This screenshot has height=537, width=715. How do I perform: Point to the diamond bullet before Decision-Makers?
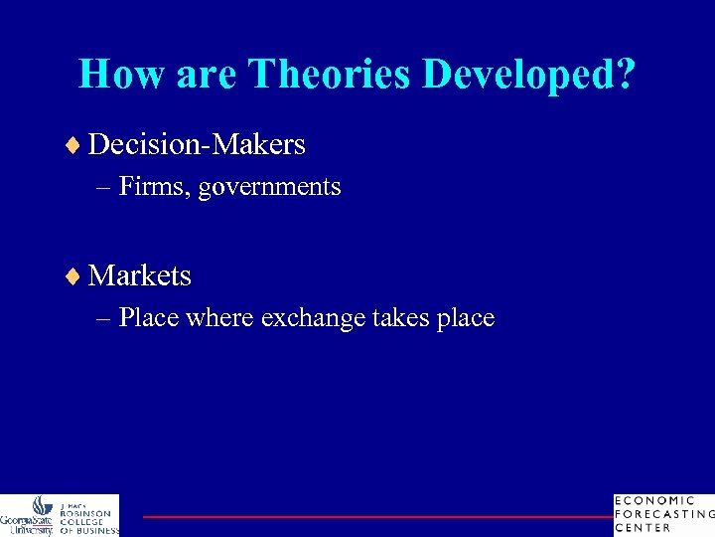tap(77, 146)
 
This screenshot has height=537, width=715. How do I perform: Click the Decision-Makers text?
tap(197, 145)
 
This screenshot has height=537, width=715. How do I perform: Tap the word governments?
tap(269, 187)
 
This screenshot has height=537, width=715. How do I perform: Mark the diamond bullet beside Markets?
tap(77, 275)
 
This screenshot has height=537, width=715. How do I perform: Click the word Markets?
tap(140, 274)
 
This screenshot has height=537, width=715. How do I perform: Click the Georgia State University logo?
tap(29, 514)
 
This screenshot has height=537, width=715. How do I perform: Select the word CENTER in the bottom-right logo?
tap(644, 528)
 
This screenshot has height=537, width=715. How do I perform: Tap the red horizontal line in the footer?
tap(377, 516)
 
